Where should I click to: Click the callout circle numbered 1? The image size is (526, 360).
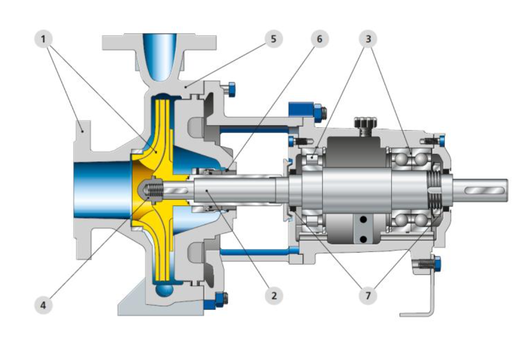pyautogui.click(x=43, y=39)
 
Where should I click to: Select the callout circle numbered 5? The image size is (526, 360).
pyautogui.click(x=274, y=39)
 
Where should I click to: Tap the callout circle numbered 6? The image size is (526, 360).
pyautogui.click(x=319, y=39)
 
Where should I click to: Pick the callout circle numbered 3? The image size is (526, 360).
pyautogui.click(x=368, y=39)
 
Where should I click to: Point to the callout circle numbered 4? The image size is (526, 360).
pyautogui.click(x=43, y=305)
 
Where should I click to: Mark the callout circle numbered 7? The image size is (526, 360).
pyautogui.click(x=368, y=296)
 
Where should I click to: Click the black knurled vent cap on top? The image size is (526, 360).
pyautogui.click(x=366, y=122)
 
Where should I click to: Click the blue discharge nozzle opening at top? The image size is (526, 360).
pyautogui.click(x=160, y=57)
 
